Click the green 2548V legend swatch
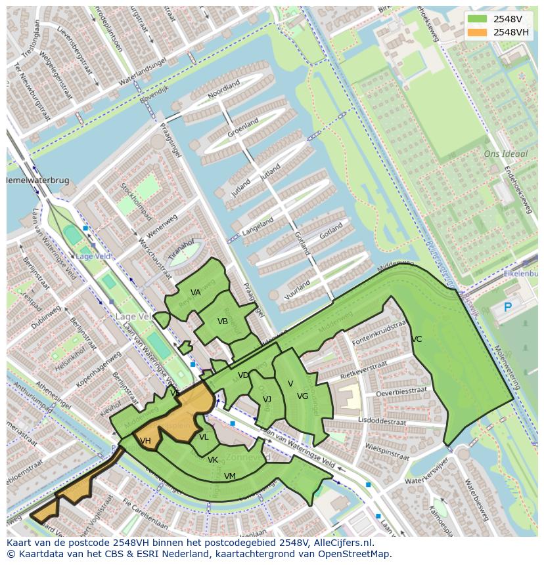click(x=478, y=19)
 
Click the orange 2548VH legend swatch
click(x=478, y=32)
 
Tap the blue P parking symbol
click(x=507, y=307)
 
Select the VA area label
click(x=196, y=293)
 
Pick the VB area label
click(x=223, y=322)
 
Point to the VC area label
click(x=417, y=339)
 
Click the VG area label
click(x=302, y=396)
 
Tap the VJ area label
click(x=267, y=400)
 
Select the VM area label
click(x=230, y=476)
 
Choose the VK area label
click(x=213, y=460)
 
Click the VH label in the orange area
click(x=145, y=441)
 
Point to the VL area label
click(x=204, y=437)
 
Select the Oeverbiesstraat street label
click(x=401, y=392)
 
